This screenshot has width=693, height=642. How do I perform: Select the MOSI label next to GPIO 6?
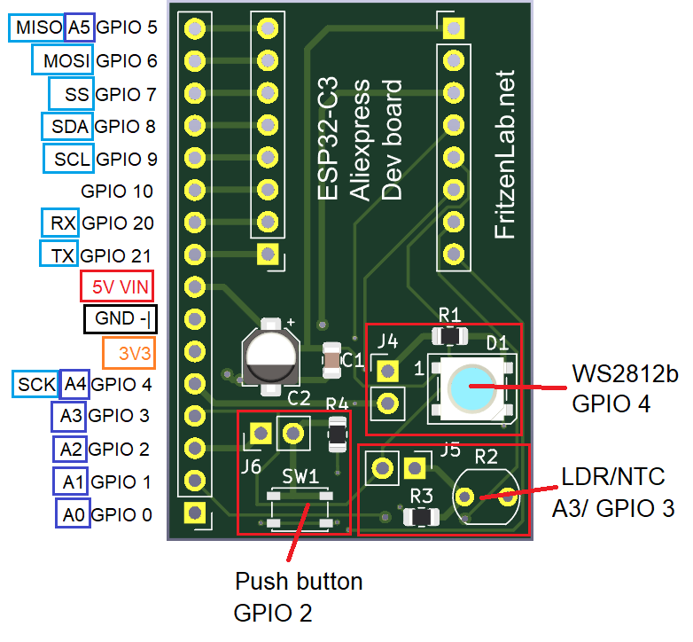coord(62,61)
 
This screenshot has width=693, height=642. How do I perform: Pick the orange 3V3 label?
coord(129,352)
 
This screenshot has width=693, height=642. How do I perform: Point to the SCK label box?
coord(36,384)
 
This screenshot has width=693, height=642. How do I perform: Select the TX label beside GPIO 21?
coord(59,255)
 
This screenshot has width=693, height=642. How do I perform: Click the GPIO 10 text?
coord(117,191)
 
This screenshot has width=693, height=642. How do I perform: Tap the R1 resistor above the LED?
coord(449,337)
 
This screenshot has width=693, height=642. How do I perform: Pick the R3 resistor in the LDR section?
coord(420,517)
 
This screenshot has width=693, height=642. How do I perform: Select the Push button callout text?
coord(299,582)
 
